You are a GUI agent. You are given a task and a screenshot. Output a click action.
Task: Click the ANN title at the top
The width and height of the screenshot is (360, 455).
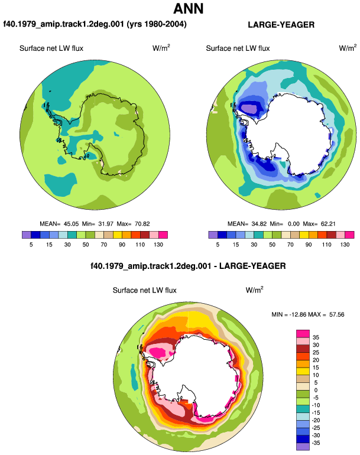coord(189,8)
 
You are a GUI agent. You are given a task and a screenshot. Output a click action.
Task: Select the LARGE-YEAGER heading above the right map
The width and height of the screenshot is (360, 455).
coord(281,25)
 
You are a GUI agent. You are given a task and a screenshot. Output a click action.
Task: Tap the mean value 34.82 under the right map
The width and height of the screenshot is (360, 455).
coord(259,224)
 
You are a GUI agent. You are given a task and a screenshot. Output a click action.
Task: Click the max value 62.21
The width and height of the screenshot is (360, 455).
coord(328,224)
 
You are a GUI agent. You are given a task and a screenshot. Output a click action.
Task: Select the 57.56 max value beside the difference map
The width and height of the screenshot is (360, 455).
coord(337,314)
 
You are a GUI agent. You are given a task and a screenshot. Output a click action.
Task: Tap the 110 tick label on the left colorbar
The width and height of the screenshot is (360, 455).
coord(140,245)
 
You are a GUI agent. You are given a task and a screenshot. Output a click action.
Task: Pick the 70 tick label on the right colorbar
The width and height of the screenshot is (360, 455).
coord(290,245)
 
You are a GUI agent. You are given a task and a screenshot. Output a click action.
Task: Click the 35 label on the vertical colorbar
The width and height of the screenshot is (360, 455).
coord(316,337)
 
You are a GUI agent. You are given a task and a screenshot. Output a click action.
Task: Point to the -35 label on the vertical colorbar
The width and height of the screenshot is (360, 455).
coord(316,443)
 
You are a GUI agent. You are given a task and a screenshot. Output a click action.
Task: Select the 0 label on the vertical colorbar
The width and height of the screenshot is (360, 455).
coord(316,390)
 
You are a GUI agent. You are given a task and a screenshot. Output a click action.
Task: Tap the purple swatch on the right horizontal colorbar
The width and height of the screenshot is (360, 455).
coord(213,235)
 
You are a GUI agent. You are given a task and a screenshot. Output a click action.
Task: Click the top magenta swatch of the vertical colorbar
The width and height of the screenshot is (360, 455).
coord(303,334)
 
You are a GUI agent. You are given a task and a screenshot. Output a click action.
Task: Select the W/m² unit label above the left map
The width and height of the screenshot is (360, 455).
coord(161,48)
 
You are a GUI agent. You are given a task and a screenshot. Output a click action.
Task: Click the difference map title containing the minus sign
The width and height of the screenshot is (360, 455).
coord(188,266)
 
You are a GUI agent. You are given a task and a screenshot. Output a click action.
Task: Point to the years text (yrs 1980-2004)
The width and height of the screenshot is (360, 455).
coord(157,24)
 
